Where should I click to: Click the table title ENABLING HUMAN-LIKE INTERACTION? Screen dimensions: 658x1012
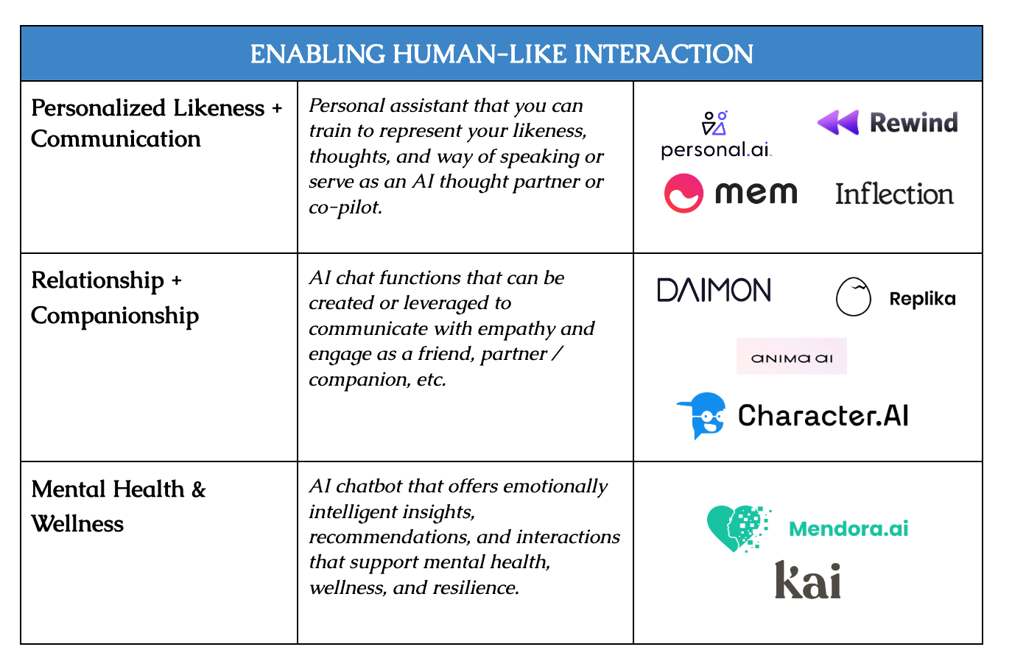coord(502,54)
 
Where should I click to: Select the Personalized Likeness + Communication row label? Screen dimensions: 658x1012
coord(156,123)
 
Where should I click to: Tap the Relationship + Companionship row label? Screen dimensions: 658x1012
coord(115,297)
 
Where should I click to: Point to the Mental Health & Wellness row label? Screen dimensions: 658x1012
coord(118,506)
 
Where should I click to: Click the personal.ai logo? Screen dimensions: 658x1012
coord(715,135)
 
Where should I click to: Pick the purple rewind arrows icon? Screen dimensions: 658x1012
coord(838,122)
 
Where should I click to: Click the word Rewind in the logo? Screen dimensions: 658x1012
coord(913,122)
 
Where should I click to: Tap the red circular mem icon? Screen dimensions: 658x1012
coord(684,194)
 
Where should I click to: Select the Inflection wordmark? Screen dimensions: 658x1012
coord(894,194)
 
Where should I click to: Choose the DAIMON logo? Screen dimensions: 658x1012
coord(714,290)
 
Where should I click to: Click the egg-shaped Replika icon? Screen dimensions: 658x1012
coord(854,297)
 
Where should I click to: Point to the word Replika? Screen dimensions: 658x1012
coord(922,299)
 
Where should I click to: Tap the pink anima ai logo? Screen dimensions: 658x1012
coord(792,357)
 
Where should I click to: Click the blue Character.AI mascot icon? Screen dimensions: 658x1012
coord(702,415)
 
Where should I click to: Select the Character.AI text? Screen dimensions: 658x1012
coord(823,416)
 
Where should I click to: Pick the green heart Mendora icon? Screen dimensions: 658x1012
coord(737,528)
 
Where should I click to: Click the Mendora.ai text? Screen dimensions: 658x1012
coord(848,528)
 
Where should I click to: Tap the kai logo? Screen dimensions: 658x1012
coord(808,580)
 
